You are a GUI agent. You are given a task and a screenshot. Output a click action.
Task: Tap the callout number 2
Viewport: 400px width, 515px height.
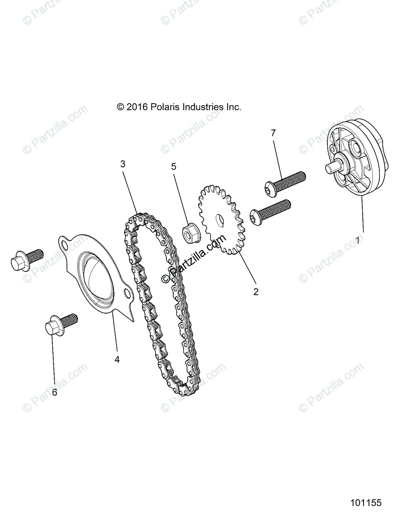point(256,292)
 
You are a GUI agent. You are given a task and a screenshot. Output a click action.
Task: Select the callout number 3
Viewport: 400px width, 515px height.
point(123,164)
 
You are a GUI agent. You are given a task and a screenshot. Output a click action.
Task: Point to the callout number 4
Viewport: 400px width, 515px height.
point(117,360)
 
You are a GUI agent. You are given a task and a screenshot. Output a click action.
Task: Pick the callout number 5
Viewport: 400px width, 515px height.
point(174,167)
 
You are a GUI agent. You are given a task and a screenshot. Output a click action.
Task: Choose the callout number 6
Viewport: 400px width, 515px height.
point(54,392)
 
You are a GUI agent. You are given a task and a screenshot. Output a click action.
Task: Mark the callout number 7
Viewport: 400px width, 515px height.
point(273,133)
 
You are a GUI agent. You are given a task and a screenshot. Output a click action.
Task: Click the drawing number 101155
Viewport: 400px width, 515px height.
point(365,503)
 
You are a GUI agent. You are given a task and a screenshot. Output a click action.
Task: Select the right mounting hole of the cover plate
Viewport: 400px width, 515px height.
point(127,294)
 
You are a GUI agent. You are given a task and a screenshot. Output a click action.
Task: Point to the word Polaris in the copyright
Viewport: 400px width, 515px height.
point(162,107)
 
